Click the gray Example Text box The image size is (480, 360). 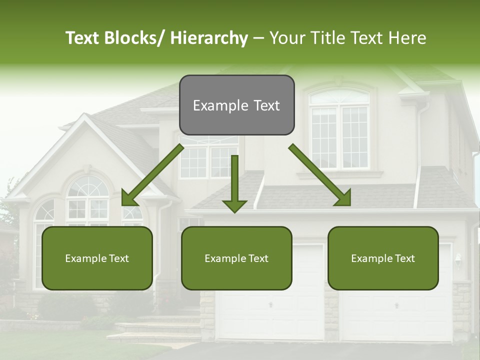pos(236,105)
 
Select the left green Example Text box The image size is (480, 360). pos(97,258)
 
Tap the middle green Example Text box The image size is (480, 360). pos(236,258)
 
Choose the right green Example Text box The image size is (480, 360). pos(383,258)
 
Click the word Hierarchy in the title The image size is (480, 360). pos(209,38)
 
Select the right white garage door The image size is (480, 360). pos(395,315)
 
